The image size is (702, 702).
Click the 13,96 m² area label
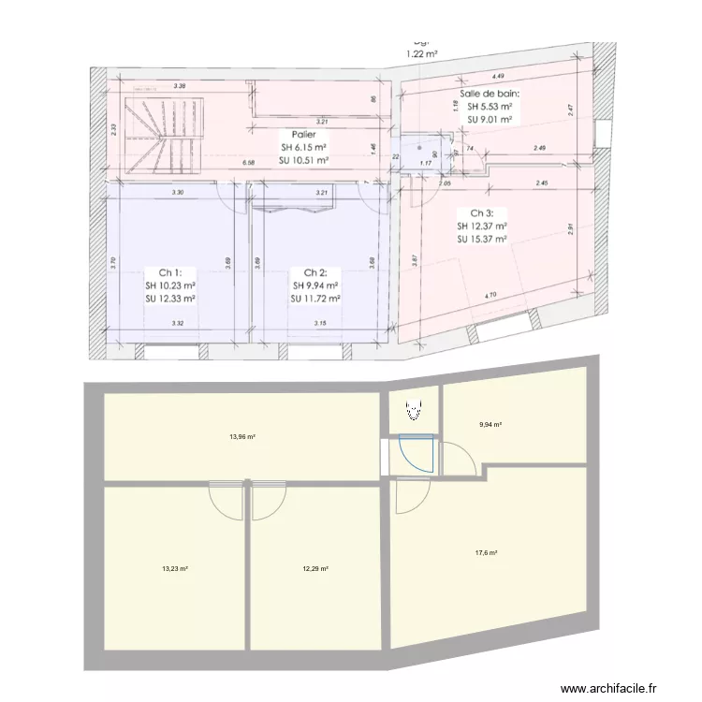pos(243,436)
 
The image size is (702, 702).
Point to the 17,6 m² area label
pos(487,552)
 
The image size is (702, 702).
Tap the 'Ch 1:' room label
pos(169,272)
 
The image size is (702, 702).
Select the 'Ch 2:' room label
pos(314,272)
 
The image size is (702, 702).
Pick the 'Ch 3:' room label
pos(482,212)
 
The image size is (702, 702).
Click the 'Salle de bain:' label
pos(490,94)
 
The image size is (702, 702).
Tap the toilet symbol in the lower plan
pos(413,408)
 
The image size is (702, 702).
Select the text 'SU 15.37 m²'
pos(482,239)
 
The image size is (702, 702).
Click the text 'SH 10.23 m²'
pos(170,285)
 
